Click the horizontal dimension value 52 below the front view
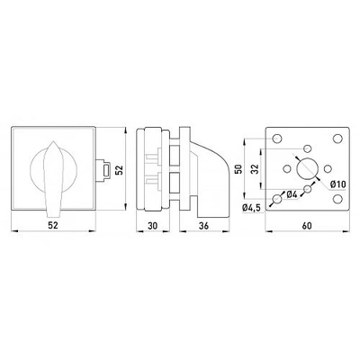(53, 226)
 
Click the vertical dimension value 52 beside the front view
(120, 170)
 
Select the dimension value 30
(152, 226)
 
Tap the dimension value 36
(203, 226)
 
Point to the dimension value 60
(307, 226)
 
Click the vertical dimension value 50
(239, 169)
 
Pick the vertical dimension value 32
(255, 169)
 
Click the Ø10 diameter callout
(338, 184)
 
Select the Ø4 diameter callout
(292, 195)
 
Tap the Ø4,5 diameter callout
(251, 207)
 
